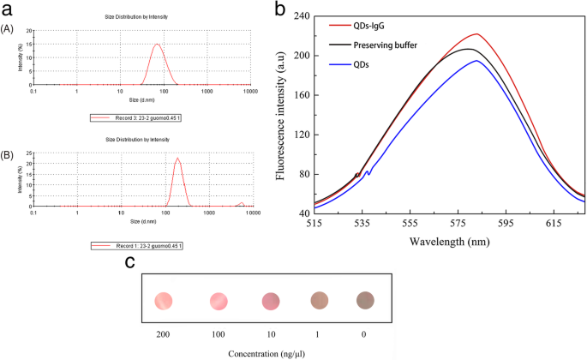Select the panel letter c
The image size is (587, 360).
point(129,262)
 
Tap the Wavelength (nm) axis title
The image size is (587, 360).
point(449,242)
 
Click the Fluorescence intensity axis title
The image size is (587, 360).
point(281,114)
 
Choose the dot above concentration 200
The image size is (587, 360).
point(164,300)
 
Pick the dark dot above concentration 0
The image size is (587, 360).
point(365,300)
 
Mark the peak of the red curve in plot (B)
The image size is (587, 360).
point(177,158)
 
